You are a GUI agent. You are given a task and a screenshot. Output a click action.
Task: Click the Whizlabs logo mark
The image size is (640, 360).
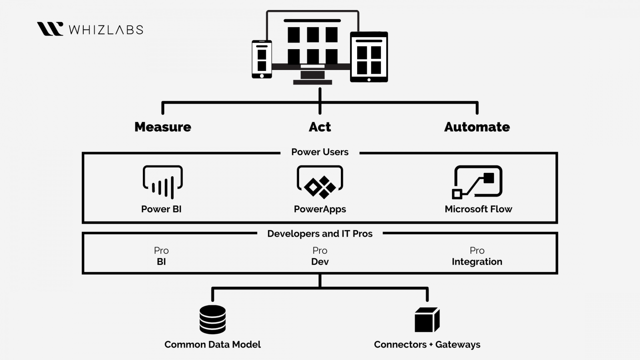[50, 29]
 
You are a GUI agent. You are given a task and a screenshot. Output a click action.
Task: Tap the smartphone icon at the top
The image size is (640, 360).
[262, 59]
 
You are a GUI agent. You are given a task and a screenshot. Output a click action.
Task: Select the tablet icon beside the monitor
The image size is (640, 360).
[369, 57]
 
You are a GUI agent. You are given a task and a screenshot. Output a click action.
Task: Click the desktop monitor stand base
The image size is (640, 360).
[312, 82]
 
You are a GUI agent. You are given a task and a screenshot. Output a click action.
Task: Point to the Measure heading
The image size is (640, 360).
[162, 127]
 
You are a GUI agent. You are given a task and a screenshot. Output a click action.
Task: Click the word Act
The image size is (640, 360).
[320, 127]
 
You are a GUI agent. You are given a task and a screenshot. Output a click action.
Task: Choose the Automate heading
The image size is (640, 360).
[477, 127]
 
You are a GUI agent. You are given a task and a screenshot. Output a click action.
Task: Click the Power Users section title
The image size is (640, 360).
[320, 152]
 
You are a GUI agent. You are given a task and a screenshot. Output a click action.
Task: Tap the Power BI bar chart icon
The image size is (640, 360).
[162, 182]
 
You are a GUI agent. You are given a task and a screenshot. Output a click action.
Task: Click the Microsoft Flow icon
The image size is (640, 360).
[477, 182]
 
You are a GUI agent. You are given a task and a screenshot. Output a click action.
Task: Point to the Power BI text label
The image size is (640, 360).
[161, 209]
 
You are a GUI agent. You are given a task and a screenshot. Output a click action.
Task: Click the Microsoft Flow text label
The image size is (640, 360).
[478, 209]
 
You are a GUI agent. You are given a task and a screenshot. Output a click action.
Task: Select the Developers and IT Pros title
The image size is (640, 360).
[320, 234]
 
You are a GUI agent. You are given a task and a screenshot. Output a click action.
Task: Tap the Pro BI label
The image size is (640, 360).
[161, 256]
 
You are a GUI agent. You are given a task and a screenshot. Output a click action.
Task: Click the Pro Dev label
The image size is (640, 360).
[320, 256]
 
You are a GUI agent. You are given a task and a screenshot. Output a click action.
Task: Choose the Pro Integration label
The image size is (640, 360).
[477, 256]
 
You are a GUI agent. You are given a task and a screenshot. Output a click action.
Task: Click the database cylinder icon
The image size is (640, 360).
[212, 320]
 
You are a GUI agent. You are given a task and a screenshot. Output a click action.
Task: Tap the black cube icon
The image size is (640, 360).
[427, 320]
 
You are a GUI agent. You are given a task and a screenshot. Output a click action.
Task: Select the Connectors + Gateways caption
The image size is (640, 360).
[427, 345]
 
